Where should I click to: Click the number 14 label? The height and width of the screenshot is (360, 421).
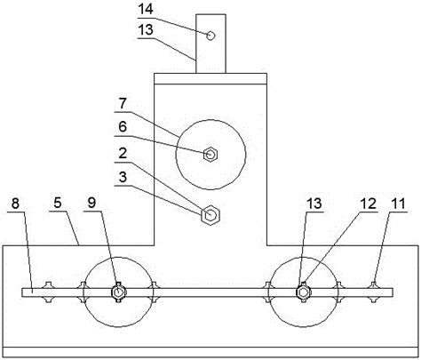(146, 10)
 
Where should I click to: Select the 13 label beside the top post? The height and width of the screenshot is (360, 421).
(146, 30)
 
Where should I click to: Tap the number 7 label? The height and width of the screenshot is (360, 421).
(123, 104)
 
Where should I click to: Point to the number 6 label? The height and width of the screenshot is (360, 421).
(123, 127)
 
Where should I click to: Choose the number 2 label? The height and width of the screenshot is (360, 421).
(123, 154)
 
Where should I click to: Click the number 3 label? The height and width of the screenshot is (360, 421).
(123, 177)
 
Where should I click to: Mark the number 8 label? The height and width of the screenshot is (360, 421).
(15, 204)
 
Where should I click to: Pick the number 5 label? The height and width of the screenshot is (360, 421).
(58, 204)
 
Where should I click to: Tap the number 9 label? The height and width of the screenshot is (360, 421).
(92, 204)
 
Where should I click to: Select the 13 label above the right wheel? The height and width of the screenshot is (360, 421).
(314, 204)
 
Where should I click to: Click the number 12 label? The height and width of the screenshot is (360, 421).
(369, 204)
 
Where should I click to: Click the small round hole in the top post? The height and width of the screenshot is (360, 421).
(210, 36)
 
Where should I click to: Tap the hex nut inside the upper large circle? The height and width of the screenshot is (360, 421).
(210, 155)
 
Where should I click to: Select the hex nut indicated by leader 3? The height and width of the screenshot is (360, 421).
(210, 214)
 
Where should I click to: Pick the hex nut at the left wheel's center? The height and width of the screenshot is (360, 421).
(118, 292)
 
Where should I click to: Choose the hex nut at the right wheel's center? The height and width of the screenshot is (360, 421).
(303, 292)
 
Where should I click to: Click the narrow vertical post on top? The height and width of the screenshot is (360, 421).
(210, 44)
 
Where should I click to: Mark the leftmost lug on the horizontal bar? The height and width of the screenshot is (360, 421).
(48, 292)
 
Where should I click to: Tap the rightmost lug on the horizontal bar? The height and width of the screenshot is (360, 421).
(373, 292)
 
